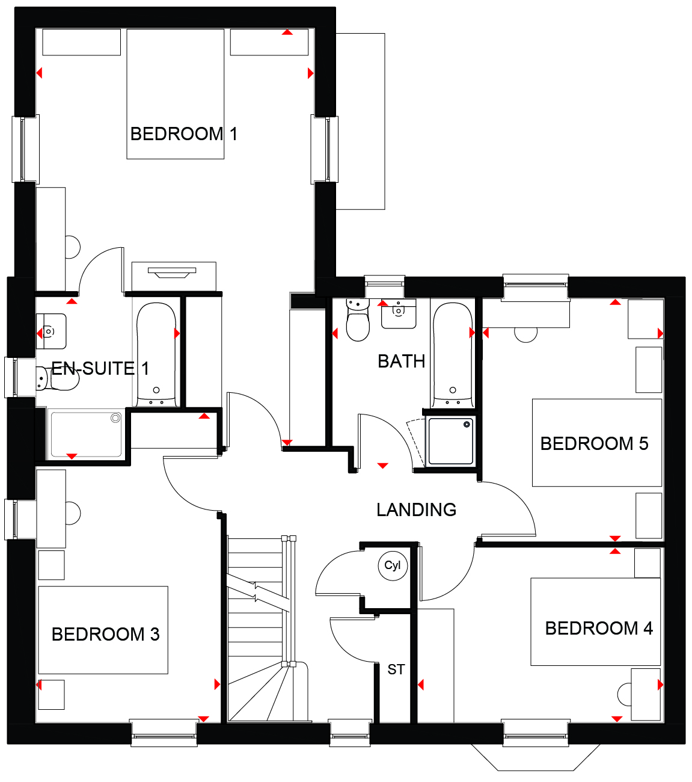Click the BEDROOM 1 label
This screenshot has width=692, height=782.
click(183, 134)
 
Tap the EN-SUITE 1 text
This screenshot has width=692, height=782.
click(100, 368)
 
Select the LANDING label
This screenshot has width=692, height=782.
click(416, 510)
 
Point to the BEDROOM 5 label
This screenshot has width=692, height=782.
click(594, 443)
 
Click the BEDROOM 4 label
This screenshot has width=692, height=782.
click(599, 628)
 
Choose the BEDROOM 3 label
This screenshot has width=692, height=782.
click(105, 634)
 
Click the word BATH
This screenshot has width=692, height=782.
click(401, 362)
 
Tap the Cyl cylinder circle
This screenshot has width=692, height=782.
click(393, 566)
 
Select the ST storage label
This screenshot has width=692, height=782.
click(396, 670)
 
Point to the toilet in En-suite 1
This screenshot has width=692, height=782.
click(57, 378)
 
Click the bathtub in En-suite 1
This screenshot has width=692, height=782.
click(156, 354)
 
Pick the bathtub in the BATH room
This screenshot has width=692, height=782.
click(453, 354)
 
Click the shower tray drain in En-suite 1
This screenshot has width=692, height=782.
click(115, 418)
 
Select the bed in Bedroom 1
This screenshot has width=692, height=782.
click(176, 94)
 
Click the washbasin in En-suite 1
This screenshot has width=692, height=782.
click(51, 331)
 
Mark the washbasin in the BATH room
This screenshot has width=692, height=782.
click(399, 313)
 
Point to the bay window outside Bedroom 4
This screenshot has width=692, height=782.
click(536, 758)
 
